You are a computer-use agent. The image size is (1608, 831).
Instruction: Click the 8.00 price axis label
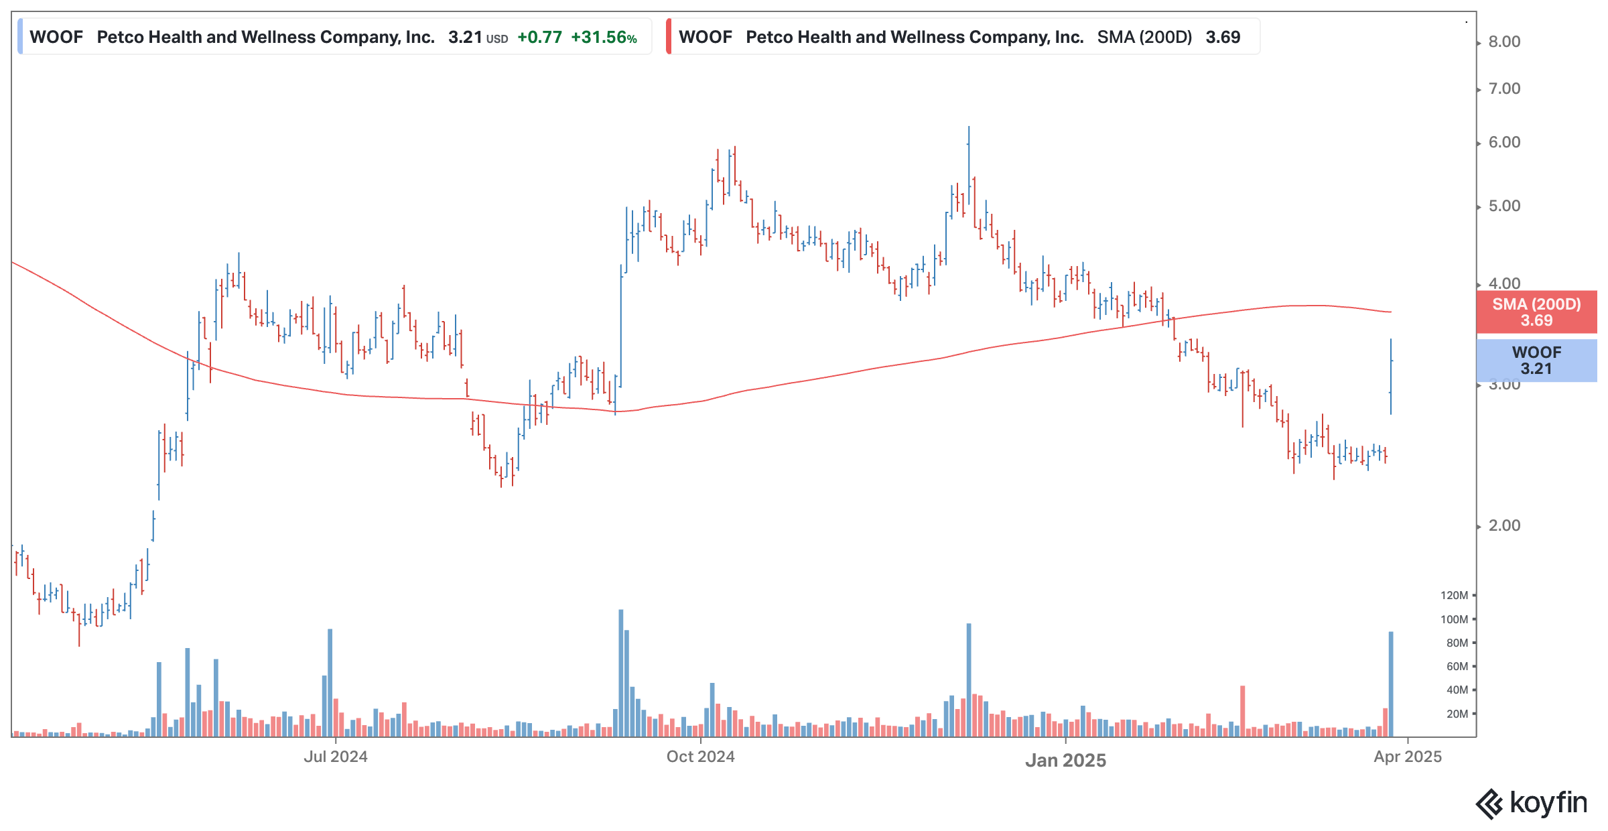[x=1503, y=42]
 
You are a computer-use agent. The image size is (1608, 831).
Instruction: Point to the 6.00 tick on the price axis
[x=1503, y=142]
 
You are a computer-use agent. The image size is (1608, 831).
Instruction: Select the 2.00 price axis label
[x=1503, y=525]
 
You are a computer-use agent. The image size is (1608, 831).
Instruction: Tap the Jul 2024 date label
[x=335, y=757]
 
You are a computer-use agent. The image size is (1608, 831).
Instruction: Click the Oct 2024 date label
[x=700, y=757]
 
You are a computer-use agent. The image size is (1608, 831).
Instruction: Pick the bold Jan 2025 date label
[x=1065, y=760]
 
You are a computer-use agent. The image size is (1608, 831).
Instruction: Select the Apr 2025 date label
[x=1407, y=757]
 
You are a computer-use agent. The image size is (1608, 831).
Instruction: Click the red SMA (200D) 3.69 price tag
[x=1536, y=312]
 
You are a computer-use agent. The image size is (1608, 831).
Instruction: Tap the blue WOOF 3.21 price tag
[x=1536, y=361]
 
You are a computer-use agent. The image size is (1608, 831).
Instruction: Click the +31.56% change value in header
[x=603, y=38]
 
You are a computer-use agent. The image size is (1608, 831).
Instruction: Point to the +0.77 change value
[x=539, y=38]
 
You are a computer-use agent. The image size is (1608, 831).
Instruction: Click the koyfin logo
[x=1532, y=803]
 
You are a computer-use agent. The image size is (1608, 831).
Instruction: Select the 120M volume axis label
[x=1454, y=595]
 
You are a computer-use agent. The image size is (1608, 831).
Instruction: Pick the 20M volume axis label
[x=1457, y=714]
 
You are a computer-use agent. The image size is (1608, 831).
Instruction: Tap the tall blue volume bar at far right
[x=1391, y=684]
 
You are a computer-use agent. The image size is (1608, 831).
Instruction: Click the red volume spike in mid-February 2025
[x=1242, y=710]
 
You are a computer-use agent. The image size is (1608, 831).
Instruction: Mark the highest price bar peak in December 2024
[x=968, y=128]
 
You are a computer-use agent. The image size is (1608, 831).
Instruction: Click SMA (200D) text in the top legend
[x=1144, y=38]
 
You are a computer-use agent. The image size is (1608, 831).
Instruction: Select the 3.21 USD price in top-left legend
[x=477, y=38]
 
